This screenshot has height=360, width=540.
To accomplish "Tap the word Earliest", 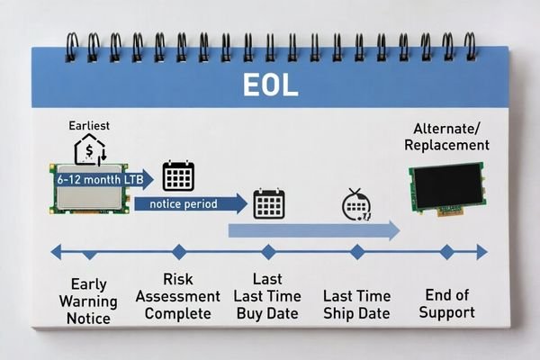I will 88,126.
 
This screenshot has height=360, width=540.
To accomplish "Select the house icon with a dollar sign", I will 88,150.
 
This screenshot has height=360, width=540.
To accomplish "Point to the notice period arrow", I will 190,204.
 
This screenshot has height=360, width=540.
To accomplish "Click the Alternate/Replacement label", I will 446,137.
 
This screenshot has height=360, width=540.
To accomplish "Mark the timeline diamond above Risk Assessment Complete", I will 179,252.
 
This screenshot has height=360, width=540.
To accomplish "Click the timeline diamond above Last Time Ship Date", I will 357,252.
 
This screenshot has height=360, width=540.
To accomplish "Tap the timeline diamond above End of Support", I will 446,252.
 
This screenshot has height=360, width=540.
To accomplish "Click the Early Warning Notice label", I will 88,301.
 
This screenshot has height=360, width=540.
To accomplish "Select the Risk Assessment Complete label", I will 179,296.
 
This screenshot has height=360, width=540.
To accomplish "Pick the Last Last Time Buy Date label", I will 268,296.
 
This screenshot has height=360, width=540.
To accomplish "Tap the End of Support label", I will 447,303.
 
